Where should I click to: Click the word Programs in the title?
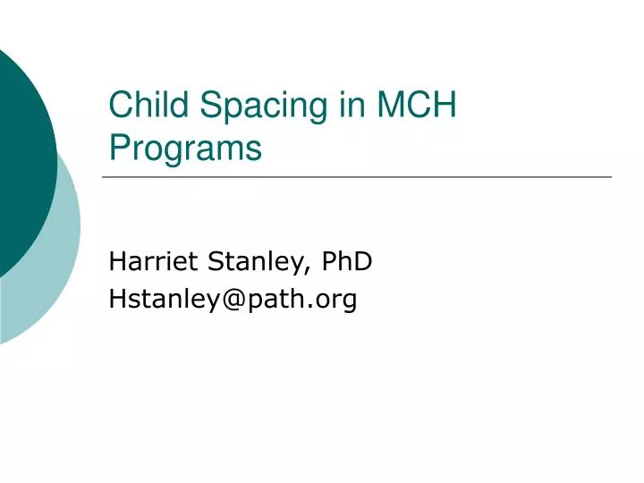185,148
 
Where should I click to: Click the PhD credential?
347,261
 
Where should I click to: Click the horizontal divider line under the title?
358,177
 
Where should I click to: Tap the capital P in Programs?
118,148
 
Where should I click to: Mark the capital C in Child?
120,106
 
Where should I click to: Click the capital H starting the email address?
116,300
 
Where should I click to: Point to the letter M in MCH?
391,106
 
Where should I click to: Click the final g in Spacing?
318,109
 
